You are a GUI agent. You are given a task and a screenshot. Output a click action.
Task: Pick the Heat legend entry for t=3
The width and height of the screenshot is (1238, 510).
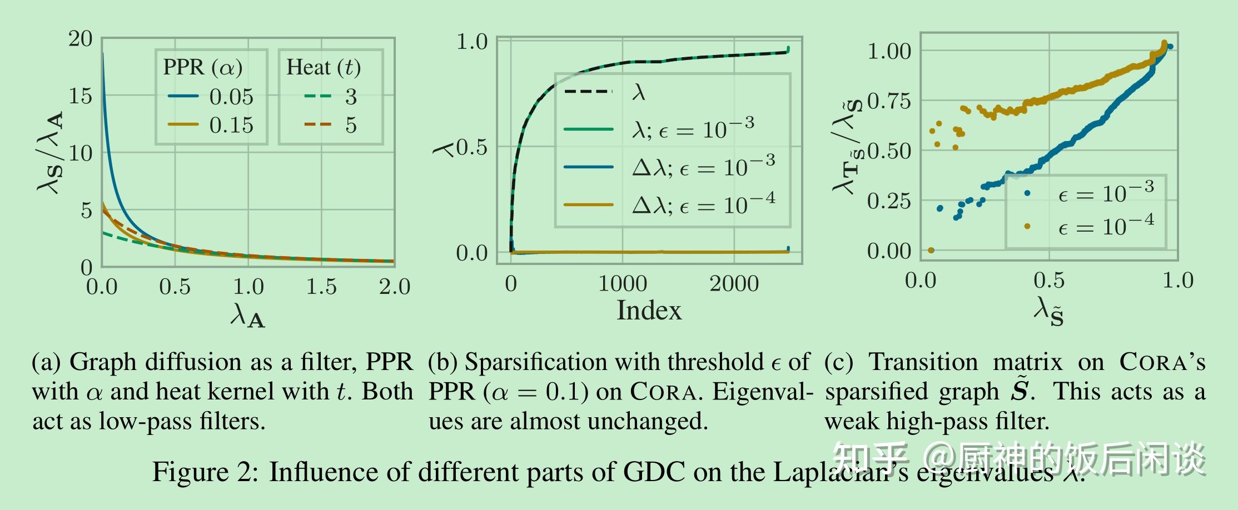tap(331, 97)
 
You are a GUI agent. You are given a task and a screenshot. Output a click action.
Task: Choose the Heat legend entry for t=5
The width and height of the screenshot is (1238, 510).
tap(331, 125)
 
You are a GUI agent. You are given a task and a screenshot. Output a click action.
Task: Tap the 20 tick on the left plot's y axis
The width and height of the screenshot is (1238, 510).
tap(81, 39)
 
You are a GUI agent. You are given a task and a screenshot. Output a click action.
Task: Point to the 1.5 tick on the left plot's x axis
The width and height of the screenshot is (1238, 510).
tap(321, 287)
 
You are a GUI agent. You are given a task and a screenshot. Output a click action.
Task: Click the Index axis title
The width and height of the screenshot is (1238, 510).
tap(649, 310)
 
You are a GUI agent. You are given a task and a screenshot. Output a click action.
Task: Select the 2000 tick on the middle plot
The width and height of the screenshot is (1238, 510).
tap(734, 284)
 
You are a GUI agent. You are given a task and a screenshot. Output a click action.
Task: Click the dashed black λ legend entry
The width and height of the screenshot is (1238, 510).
tap(606, 92)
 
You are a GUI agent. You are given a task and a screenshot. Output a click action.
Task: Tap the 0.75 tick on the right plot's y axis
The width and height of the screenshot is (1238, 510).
tap(889, 101)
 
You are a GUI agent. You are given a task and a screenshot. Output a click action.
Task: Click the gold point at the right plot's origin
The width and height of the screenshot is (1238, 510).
tap(931, 250)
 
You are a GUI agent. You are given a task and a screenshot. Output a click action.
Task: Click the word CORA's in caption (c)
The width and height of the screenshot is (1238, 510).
tap(1162, 362)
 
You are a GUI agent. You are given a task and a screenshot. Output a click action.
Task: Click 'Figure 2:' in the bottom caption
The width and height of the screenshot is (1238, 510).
tap(205, 472)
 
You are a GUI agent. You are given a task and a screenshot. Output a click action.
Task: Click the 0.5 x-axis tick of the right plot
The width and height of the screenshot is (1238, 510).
tap(1049, 281)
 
